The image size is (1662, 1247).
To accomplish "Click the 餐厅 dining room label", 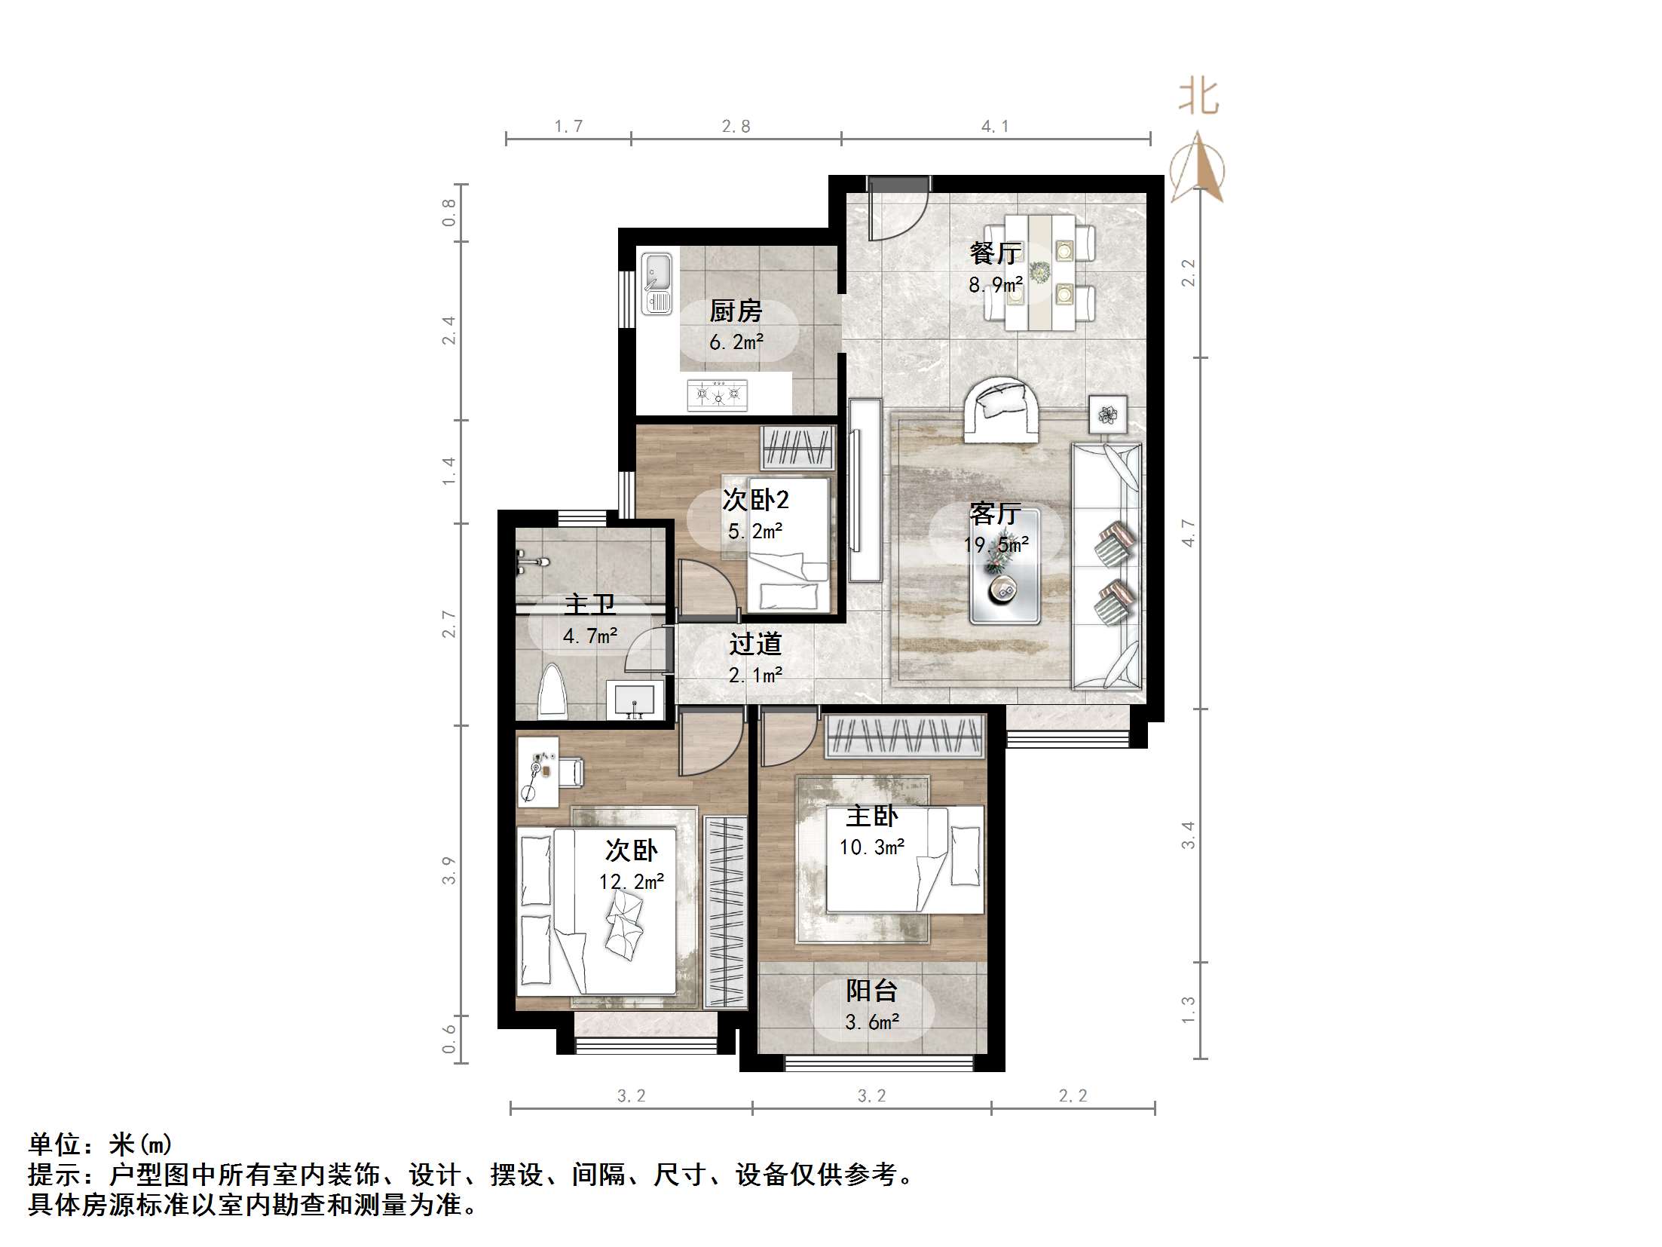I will (995, 253).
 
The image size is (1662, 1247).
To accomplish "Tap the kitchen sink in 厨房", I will (657, 283).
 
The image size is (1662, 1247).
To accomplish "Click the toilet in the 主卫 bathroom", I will (552, 691).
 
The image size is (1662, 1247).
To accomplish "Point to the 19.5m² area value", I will (996, 545).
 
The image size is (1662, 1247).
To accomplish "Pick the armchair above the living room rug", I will (1002, 409).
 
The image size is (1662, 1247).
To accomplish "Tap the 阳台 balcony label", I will (871, 991).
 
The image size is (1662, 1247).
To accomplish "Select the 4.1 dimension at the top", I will (994, 127).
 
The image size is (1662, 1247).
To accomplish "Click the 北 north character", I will (1198, 98).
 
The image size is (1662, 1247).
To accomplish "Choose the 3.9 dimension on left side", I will (448, 871).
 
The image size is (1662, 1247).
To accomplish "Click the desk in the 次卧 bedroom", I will (537, 771).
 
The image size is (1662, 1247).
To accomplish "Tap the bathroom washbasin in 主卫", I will (635, 700).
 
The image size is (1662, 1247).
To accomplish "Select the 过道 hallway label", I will (754, 644).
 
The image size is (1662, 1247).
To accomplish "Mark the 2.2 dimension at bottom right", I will (1072, 1095).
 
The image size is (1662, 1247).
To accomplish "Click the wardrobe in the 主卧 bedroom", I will (905, 736).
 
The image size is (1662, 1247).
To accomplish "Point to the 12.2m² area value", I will (631, 881).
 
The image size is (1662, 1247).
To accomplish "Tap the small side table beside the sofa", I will (1108, 415).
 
